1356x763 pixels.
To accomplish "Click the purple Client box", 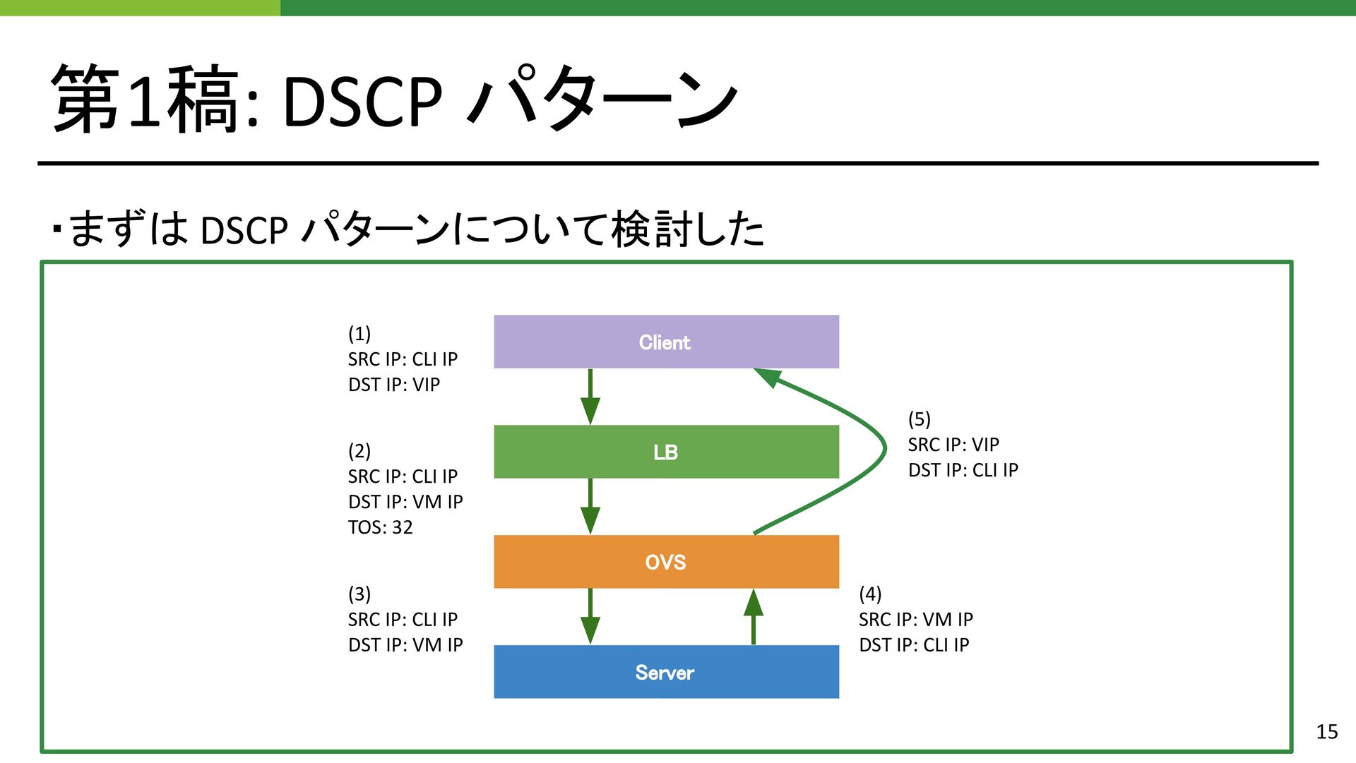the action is click(x=666, y=342).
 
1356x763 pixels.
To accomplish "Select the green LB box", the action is click(x=666, y=452).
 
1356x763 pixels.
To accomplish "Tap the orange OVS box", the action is click(x=666, y=562).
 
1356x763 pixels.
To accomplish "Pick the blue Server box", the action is click(x=666, y=672).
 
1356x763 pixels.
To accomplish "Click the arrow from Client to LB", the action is click(x=590, y=397).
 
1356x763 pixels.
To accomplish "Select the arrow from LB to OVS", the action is click(x=590, y=507).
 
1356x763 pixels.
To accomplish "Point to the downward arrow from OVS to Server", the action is click(x=590, y=617).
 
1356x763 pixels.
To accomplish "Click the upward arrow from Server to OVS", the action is click(x=754, y=617).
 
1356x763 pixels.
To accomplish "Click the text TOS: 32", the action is click(x=380, y=527).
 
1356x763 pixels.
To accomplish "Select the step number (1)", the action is click(x=359, y=333).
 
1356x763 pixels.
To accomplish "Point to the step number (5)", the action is click(x=920, y=419).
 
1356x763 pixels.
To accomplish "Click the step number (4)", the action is click(x=870, y=594).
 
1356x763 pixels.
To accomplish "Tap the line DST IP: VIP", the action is click(x=394, y=385).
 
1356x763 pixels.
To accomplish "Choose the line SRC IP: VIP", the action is click(x=953, y=445).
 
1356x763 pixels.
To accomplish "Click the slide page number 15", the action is click(x=1327, y=732).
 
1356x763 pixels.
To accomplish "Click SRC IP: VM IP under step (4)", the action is click(x=916, y=620).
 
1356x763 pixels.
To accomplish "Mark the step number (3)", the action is click(x=359, y=594).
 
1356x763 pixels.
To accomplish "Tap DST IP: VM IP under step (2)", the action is click(x=405, y=502).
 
